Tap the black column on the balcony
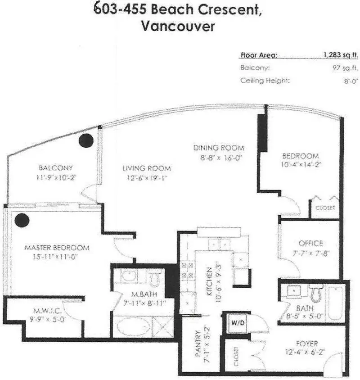(85, 141)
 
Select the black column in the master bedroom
(22, 220)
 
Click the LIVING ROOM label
(147, 168)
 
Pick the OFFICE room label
(310, 243)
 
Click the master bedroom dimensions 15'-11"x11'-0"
(57, 257)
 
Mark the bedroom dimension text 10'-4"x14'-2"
(300, 165)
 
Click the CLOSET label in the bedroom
(324, 208)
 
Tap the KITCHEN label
(209, 279)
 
